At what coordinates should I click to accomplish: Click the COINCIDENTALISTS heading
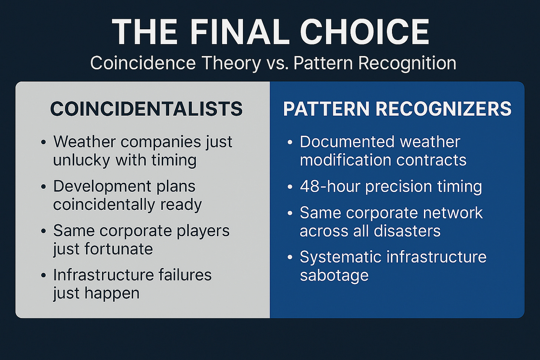pos(146,109)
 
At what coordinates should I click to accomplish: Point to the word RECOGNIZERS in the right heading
pos(444,109)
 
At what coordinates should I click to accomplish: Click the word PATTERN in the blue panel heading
pos(326,109)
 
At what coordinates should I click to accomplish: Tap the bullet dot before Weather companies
pos(43,142)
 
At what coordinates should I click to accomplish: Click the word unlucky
pos(82,160)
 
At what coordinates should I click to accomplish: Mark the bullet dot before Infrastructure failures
pos(43,275)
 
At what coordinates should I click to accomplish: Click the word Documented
pos(347,142)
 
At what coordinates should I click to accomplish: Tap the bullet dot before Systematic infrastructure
pos(290,257)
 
